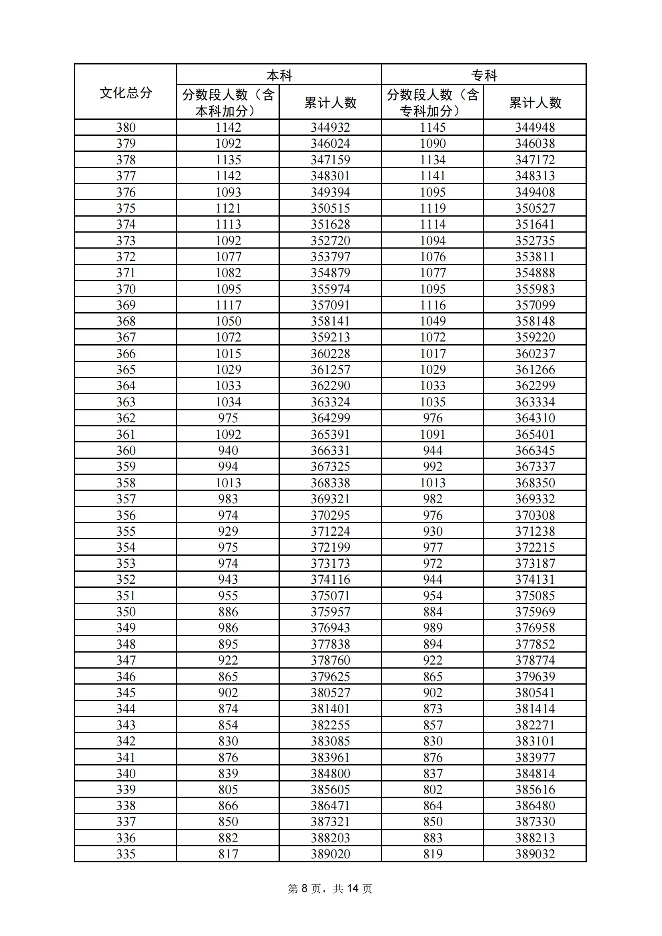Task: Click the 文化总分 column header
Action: pos(126,92)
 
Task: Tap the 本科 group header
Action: pos(279,75)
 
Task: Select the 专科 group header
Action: pos(484,75)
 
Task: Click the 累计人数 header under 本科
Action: pos(330,102)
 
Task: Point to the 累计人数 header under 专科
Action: pos(535,102)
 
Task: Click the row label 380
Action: pos(126,128)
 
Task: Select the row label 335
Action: pos(126,854)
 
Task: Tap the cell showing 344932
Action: pos(330,128)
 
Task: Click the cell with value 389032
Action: pos(535,854)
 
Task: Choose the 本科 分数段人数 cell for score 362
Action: pos(228,418)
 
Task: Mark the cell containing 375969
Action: pos(535,612)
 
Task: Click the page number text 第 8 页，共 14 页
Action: pos(330,888)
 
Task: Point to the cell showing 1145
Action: pos(433,128)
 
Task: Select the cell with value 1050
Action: pos(228,321)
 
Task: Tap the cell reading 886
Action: pos(228,612)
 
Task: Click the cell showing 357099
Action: pos(535,305)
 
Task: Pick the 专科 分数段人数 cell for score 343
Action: pos(433,725)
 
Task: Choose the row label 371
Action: pos(126,273)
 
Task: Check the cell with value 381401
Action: pos(330,709)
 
